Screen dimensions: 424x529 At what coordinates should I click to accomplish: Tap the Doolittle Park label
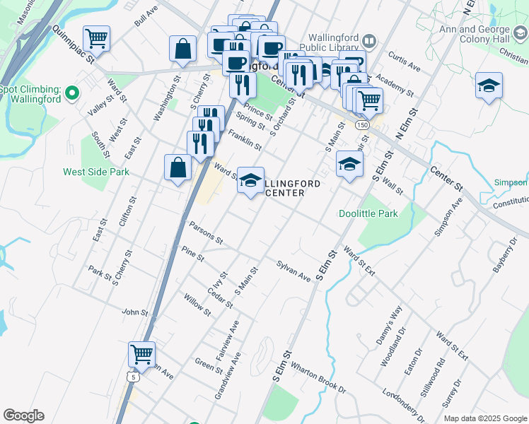click(x=368, y=213)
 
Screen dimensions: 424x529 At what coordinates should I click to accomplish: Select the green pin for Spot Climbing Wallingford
click(x=71, y=93)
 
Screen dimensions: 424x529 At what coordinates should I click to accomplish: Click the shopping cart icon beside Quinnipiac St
click(x=96, y=38)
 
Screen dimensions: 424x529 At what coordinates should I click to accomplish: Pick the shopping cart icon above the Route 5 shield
click(x=141, y=354)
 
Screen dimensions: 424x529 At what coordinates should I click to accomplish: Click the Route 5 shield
click(x=134, y=377)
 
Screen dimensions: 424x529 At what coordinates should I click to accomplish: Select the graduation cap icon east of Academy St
click(x=489, y=86)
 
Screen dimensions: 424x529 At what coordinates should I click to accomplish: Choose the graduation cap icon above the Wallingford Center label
click(x=250, y=181)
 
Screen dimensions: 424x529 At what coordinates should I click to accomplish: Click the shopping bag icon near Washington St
click(x=182, y=49)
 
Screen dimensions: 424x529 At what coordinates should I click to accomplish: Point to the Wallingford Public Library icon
click(x=369, y=40)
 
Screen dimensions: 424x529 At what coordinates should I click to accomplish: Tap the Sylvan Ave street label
click(x=293, y=271)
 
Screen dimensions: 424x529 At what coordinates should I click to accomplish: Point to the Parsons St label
click(x=207, y=232)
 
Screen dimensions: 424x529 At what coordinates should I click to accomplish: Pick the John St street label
click(x=134, y=312)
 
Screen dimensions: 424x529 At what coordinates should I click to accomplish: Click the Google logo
click(x=23, y=416)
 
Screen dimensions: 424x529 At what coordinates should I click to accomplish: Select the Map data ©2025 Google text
click(x=484, y=418)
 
